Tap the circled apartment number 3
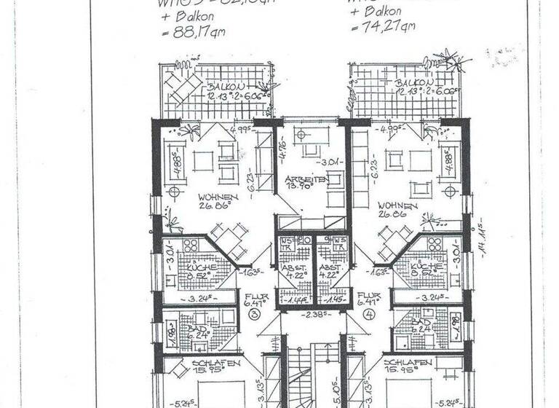(x=254, y=314)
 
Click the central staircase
(x=312, y=372)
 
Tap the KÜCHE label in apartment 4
(x=426, y=268)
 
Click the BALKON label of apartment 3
(x=199, y=86)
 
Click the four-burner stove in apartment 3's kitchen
(x=193, y=246)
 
